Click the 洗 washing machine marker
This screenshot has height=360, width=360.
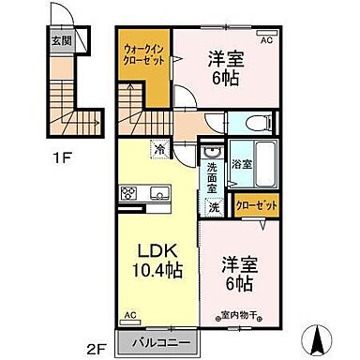pyautogui.click(x=215, y=207)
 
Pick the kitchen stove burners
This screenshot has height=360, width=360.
pyautogui.click(x=127, y=194)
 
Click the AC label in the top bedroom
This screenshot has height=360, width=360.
pyautogui.click(x=265, y=41)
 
